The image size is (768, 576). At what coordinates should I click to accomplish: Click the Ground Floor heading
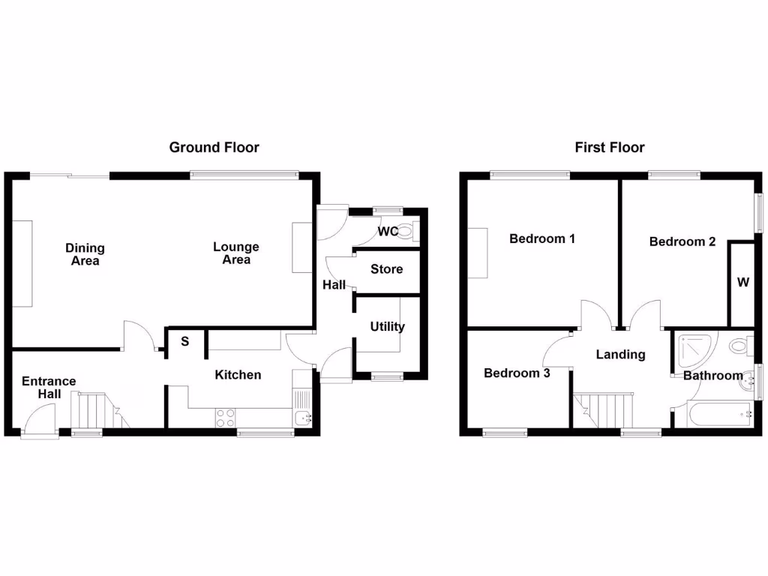(x=214, y=148)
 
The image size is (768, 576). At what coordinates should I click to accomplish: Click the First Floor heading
(x=609, y=148)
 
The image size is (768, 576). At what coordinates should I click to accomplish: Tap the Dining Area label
(x=85, y=254)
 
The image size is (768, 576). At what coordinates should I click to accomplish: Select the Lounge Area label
(x=236, y=253)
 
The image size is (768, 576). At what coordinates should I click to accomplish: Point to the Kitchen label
(x=238, y=374)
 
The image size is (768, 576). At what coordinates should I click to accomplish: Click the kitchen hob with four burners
(x=224, y=418)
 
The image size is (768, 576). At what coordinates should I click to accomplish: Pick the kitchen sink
(x=303, y=418)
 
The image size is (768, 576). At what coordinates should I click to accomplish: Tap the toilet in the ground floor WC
(x=408, y=230)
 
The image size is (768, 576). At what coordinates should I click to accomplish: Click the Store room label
(x=386, y=269)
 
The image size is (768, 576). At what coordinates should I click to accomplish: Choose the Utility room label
(x=387, y=326)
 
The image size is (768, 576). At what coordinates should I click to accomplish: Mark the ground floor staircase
(x=95, y=410)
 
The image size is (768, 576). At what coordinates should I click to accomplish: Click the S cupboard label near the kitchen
(x=184, y=342)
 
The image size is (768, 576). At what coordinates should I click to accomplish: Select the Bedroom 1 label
(x=541, y=239)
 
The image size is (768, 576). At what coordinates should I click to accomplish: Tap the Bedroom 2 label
(x=682, y=241)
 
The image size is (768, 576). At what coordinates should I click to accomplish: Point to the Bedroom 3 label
(x=517, y=373)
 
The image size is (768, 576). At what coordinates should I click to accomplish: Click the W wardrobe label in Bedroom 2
(x=742, y=283)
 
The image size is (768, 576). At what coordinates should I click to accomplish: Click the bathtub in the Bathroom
(x=714, y=414)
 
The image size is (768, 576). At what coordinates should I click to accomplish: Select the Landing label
(x=620, y=354)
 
